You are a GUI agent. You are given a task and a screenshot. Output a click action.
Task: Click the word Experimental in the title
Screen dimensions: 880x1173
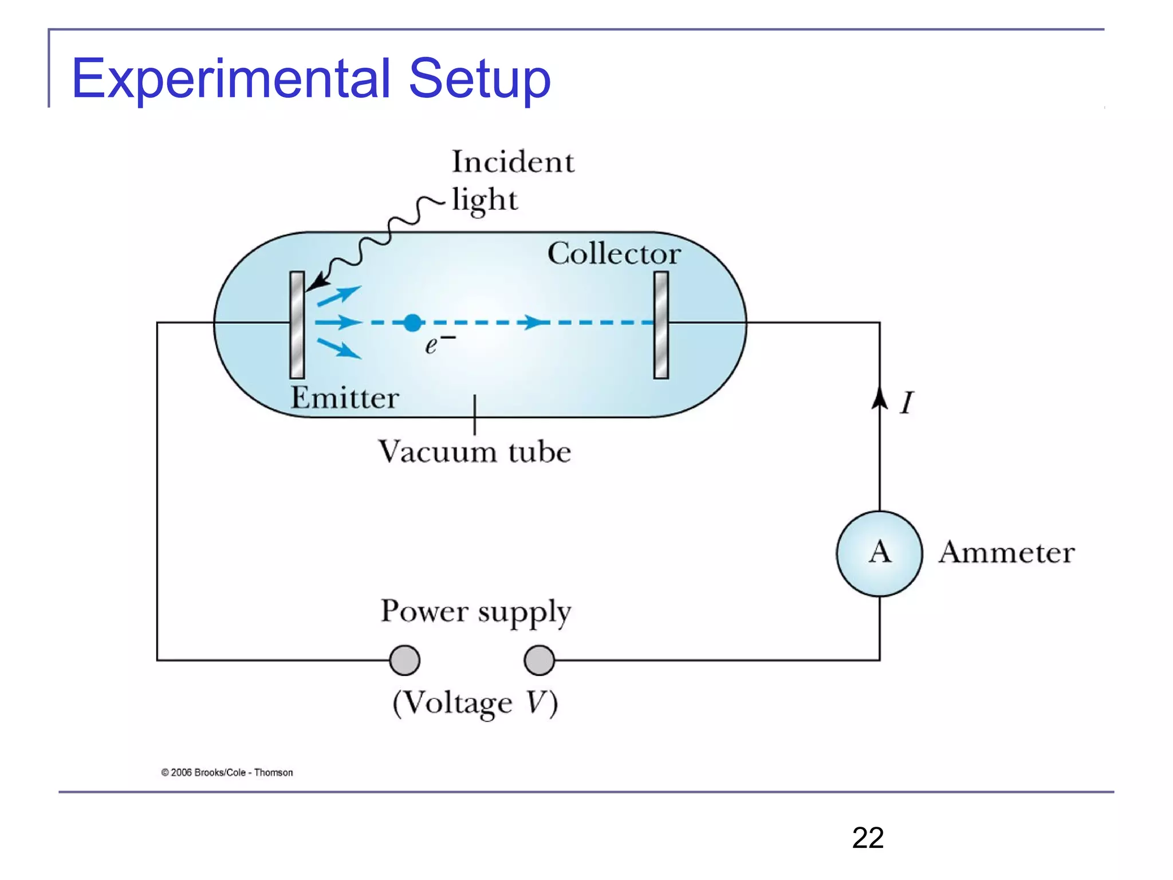point(230,78)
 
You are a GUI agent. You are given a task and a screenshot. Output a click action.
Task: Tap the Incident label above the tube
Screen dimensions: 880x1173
point(513,162)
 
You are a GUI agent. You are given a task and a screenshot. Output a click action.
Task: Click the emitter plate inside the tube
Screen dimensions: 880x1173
point(297,325)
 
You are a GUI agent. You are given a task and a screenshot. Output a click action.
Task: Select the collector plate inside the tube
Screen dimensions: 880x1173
point(661,325)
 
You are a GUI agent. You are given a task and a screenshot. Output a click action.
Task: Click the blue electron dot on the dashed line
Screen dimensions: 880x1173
point(412,323)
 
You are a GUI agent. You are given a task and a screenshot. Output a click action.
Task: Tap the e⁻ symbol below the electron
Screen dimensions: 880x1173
point(439,344)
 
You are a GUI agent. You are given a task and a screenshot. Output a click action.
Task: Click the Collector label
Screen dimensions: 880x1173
point(613,253)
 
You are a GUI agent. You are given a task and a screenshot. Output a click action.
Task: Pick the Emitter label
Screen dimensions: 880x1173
point(344,398)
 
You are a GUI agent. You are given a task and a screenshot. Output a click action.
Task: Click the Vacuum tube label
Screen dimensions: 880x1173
point(474,451)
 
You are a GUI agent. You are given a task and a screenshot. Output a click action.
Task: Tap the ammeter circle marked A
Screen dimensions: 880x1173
point(879,553)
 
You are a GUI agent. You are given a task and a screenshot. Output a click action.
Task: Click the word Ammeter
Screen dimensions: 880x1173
point(1006,552)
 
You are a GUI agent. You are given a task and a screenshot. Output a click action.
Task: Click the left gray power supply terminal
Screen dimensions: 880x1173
point(404,660)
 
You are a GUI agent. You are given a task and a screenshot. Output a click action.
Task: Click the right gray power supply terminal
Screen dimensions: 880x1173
point(539,660)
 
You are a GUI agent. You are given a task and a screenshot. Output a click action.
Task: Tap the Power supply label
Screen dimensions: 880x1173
point(475,611)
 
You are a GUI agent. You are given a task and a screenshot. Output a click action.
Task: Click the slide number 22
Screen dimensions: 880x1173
point(867,838)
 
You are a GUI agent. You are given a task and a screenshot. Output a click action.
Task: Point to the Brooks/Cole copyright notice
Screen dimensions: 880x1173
point(227,772)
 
